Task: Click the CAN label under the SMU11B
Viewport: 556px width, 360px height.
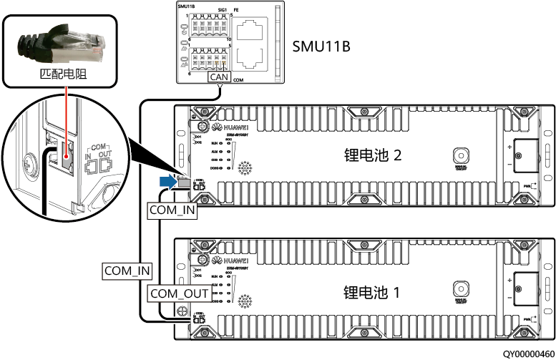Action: tap(220, 77)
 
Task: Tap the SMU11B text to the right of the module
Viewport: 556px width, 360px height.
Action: tap(321, 47)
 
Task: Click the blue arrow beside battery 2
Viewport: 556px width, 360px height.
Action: tap(167, 183)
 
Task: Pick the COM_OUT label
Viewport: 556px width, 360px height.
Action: tap(180, 293)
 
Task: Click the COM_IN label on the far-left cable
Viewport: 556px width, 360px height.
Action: tap(127, 270)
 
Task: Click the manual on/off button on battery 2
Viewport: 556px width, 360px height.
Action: tap(460, 155)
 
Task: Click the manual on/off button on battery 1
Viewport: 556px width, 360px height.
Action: tap(460, 288)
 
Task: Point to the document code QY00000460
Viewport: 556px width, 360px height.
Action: tap(527, 354)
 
